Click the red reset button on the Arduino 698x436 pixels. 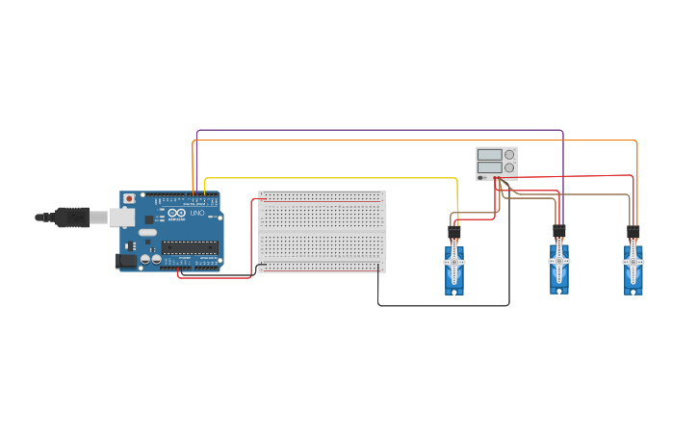pyautogui.click(x=129, y=199)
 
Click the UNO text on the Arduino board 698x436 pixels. pyautogui.click(x=196, y=213)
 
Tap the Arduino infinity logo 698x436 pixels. pyautogui.click(x=176, y=213)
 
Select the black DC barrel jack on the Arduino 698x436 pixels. pyautogui.click(x=125, y=261)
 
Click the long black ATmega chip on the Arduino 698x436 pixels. pyautogui.click(x=190, y=247)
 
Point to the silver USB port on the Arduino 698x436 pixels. pyautogui.click(x=121, y=218)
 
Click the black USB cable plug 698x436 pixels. pyautogui.click(x=72, y=218)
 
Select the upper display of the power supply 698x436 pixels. pyautogui.click(x=489, y=154)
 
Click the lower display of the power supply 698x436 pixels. pyautogui.click(x=489, y=167)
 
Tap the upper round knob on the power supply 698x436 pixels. pyautogui.click(x=509, y=154)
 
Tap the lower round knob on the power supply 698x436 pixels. pyautogui.click(x=509, y=167)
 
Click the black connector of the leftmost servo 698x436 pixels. pyautogui.click(x=454, y=233)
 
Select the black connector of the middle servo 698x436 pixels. pyautogui.click(x=559, y=231)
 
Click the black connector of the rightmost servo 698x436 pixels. pyautogui.click(x=633, y=232)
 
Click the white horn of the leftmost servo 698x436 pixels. pyautogui.click(x=454, y=261)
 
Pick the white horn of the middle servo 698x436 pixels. pyautogui.click(x=559, y=260)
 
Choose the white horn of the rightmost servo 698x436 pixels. pyautogui.click(x=633, y=261)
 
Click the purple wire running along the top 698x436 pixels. pyautogui.click(x=385, y=130)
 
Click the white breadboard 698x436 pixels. pyautogui.click(x=322, y=231)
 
